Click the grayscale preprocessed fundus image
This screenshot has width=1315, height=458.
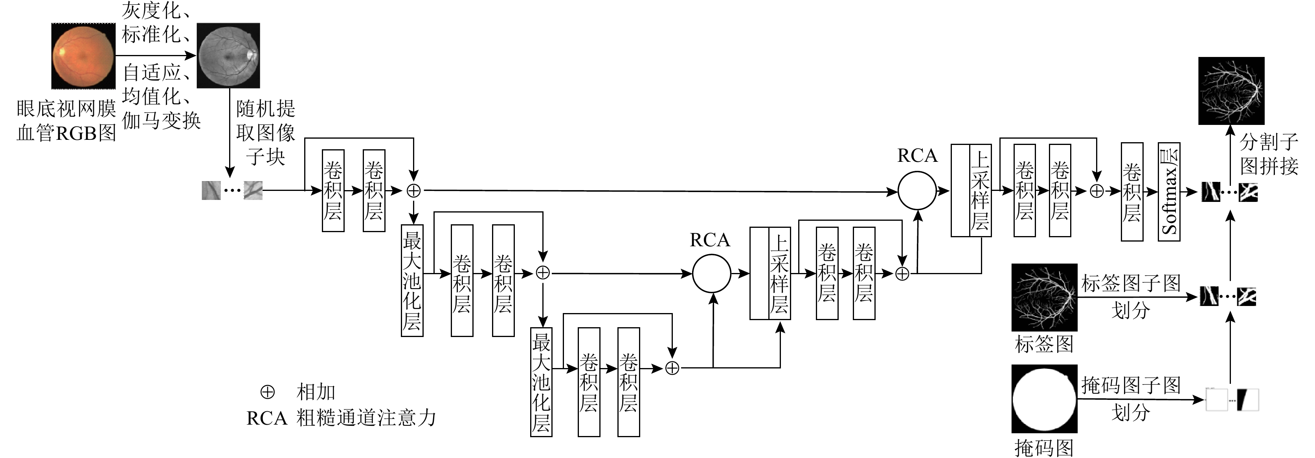(x=228, y=56)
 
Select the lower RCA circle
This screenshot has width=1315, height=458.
(x=711, y=273)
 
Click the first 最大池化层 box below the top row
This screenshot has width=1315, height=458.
(x=412, y=280)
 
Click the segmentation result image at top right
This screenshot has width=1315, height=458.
(x=1231, y=91)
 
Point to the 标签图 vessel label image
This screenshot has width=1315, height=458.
(x=1044, y=297)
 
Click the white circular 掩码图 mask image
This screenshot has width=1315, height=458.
(x=1044, y=399)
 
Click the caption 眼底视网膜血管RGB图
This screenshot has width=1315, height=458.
(x=66, y=121)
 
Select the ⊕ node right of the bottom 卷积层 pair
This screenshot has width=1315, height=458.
(x=672, y=368)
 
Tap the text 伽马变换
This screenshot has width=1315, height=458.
(x=161, y=120)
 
